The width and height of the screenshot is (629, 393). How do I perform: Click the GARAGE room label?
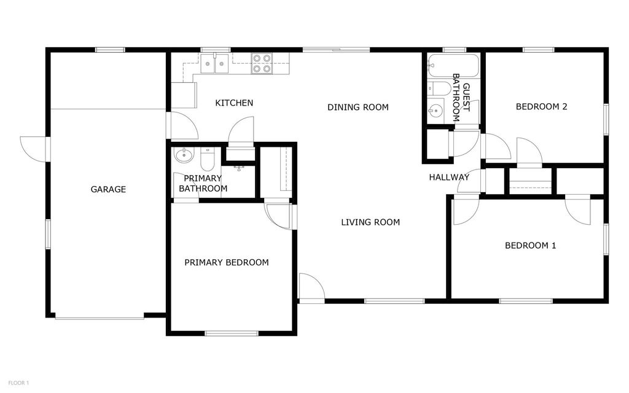pyautogui.click(x=108, y=190)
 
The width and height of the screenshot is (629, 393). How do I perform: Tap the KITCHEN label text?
pyautogui.click(x=234, y=103)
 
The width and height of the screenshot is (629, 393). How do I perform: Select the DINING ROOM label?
pyautogui.click(x=357, y=107)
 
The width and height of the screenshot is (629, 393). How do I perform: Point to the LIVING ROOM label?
pyautogui.click(x=370, y=222)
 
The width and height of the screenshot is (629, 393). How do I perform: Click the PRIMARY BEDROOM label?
pyautogui.click(x=227, y=263)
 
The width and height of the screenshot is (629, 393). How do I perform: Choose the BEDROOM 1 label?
pyautogui.click(x=530, y=246)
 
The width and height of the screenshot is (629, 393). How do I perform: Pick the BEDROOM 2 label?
pyautogui.click(x=541, y=107)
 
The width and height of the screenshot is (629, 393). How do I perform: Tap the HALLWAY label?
pyautogui.click(x=449, y=177)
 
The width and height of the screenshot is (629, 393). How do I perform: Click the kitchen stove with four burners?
pyautogui.click(x=262, y=64)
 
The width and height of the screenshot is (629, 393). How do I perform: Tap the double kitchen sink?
pyautogui.click(x=216, y=63)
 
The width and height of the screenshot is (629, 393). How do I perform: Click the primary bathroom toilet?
pyautogui.click(x=207, y=160)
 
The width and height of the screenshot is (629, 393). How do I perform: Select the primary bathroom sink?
pyautogui.click(x=184, y=155)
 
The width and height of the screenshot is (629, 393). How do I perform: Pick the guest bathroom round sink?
pyautogui.click(x=436, y=111)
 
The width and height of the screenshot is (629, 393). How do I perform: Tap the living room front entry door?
pyautogui.click(x=311, y=287)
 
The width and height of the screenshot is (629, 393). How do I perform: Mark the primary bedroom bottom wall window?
pyautogui.click(x=231, y=333)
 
